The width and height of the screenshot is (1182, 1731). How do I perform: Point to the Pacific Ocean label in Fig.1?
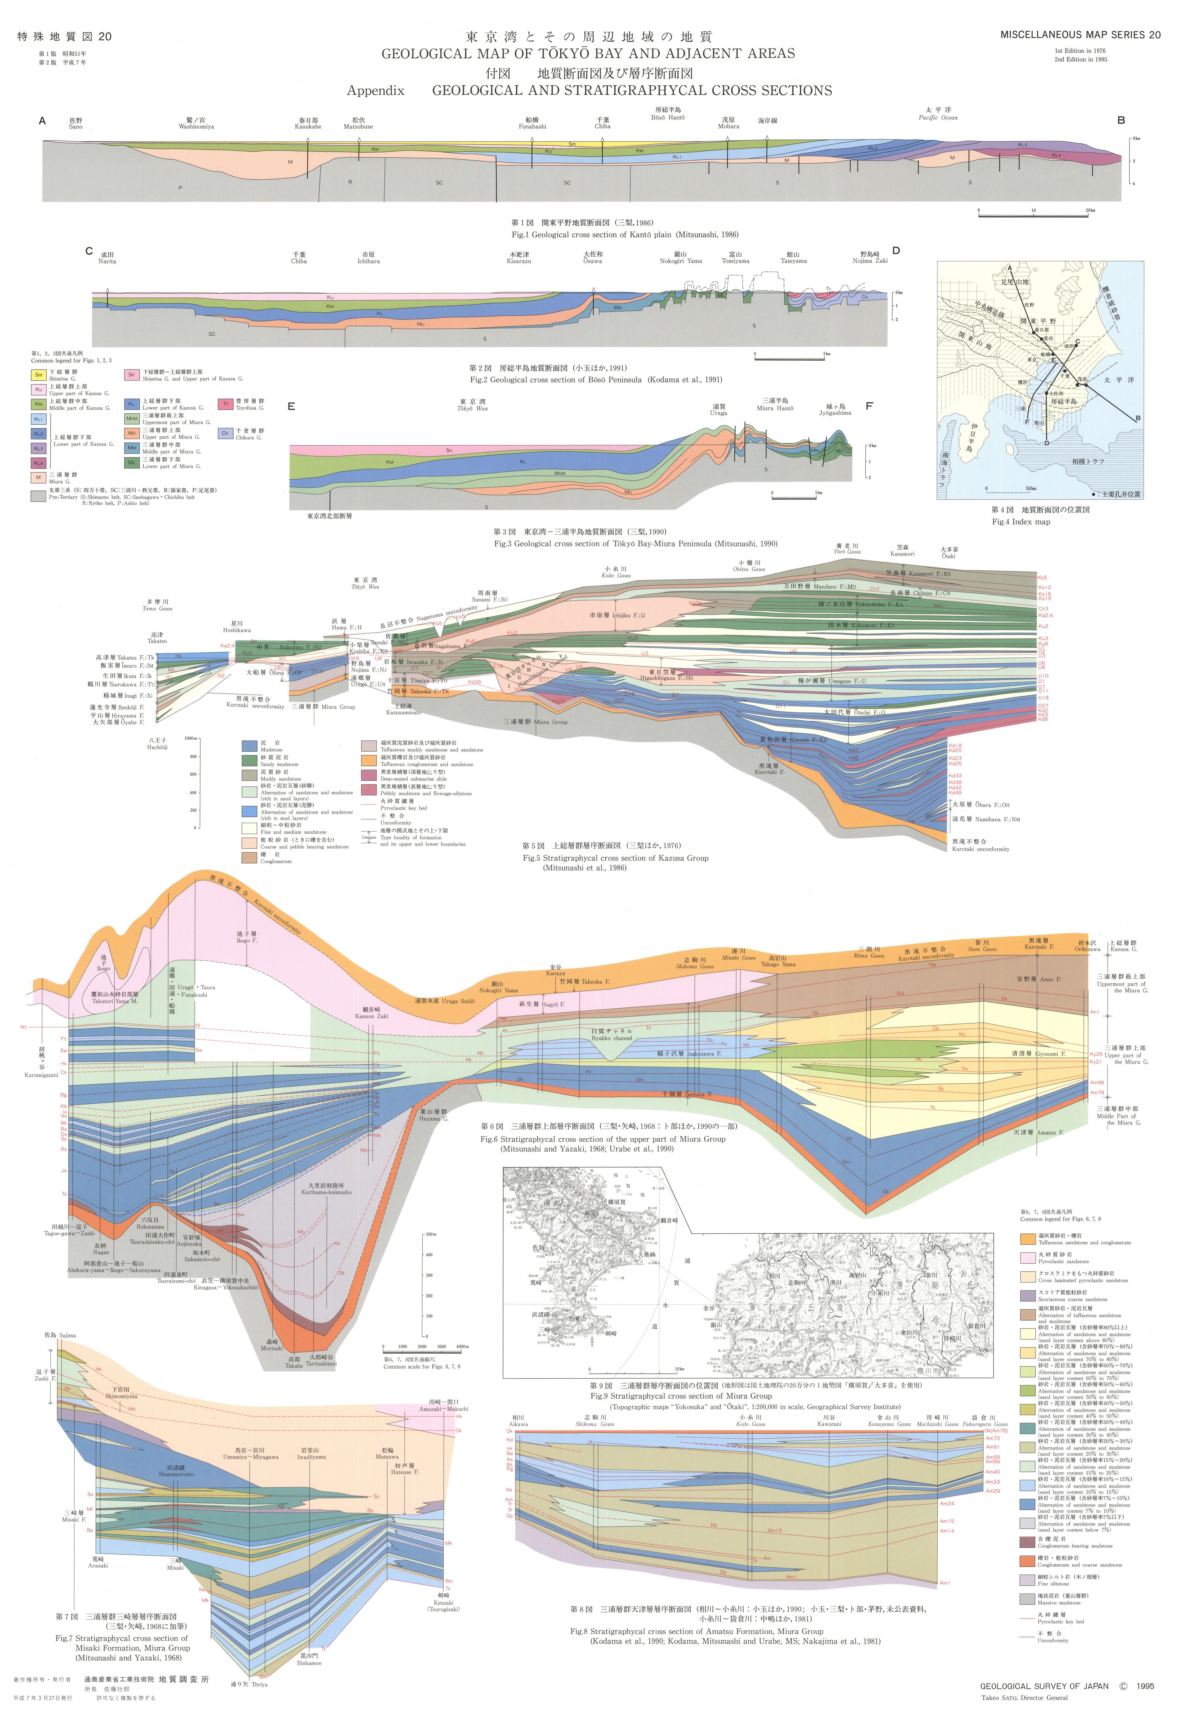point(938,118)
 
